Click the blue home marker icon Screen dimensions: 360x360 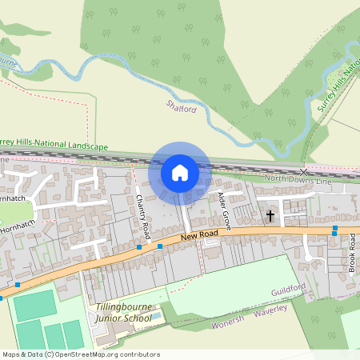point(180,172)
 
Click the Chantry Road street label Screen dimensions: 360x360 point(143,214)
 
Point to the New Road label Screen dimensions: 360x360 point(199,234)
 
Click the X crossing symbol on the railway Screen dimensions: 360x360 point(303,171)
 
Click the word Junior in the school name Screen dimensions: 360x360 point(110,318)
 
